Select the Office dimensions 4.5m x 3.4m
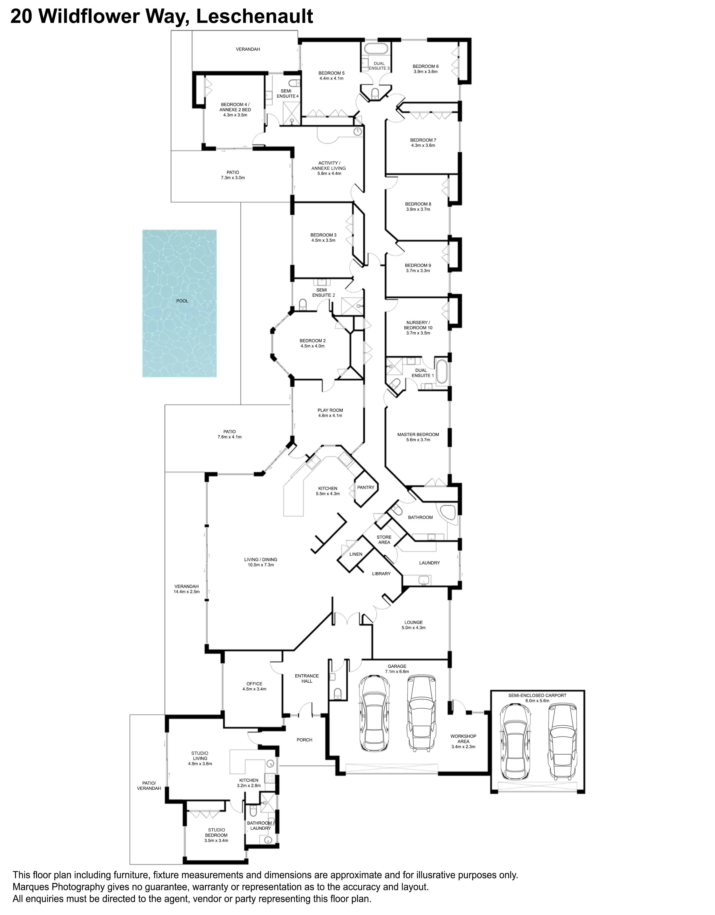tap(254, 689)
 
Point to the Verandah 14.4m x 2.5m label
tap(186, 589)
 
